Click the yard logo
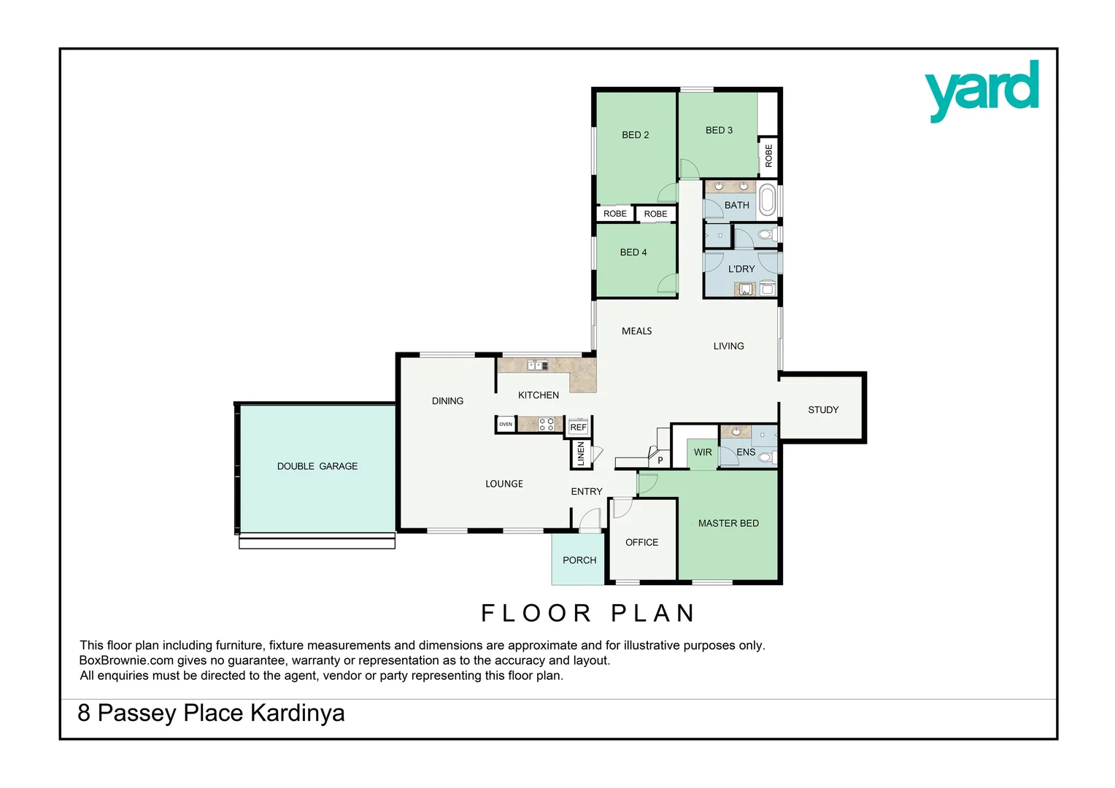(x=981, y=90)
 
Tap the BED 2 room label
(x=635, y=135)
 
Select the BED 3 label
(x=719, y=131)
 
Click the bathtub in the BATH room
(x=767, y=200)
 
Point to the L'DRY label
(x=741, y=269)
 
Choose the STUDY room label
(x=823, y=410)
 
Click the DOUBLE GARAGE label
(x=317, y=466)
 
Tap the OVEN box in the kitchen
(x=506, y=424)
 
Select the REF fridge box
(x=578, y=428)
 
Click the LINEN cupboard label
(x=581, y=454)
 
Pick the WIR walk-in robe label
(x=703, y=452)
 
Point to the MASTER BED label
(x=728, y=523)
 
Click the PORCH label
(x=579, y=560)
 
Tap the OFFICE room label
(x=641, y=542)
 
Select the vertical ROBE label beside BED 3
(x=768, y=155)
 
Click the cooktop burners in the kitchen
(x=546, y=424)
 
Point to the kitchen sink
(x=537, y=365)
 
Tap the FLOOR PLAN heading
(x=588, y=613)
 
